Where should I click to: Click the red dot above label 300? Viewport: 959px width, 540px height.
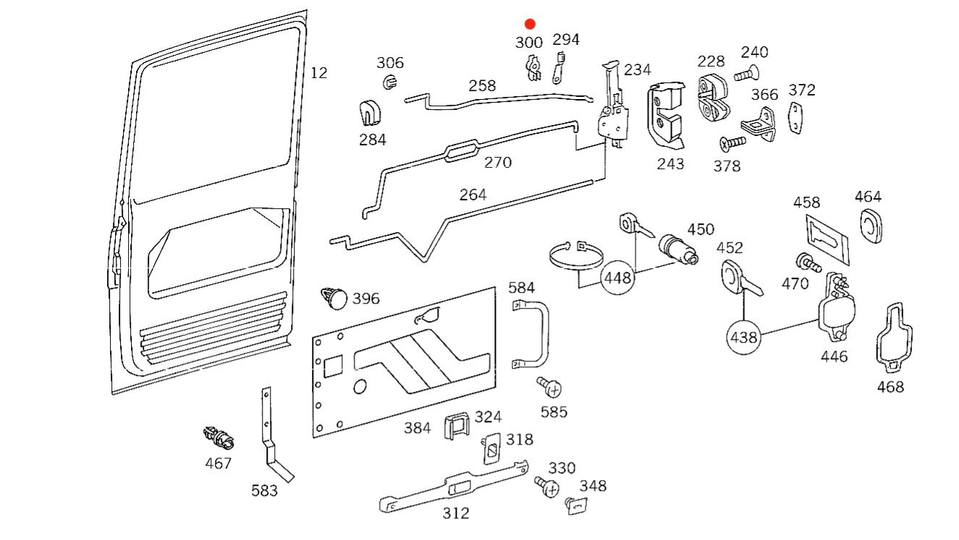[530, 24]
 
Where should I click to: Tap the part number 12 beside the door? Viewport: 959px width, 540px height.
[318, 73]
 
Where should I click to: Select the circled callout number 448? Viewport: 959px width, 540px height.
[618, 277]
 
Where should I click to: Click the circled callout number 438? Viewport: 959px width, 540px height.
[743, 337]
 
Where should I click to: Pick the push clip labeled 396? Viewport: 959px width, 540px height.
[334, 297]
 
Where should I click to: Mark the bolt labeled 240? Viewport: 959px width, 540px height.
[746, 73]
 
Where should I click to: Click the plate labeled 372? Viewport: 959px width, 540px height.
[797, 119]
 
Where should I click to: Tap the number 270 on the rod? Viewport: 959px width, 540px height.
[498, 162]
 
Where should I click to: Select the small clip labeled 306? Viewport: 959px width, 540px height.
[389, 81]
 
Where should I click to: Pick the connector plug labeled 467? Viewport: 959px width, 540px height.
[218, 437]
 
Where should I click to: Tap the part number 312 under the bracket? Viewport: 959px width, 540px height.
[456, 513]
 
